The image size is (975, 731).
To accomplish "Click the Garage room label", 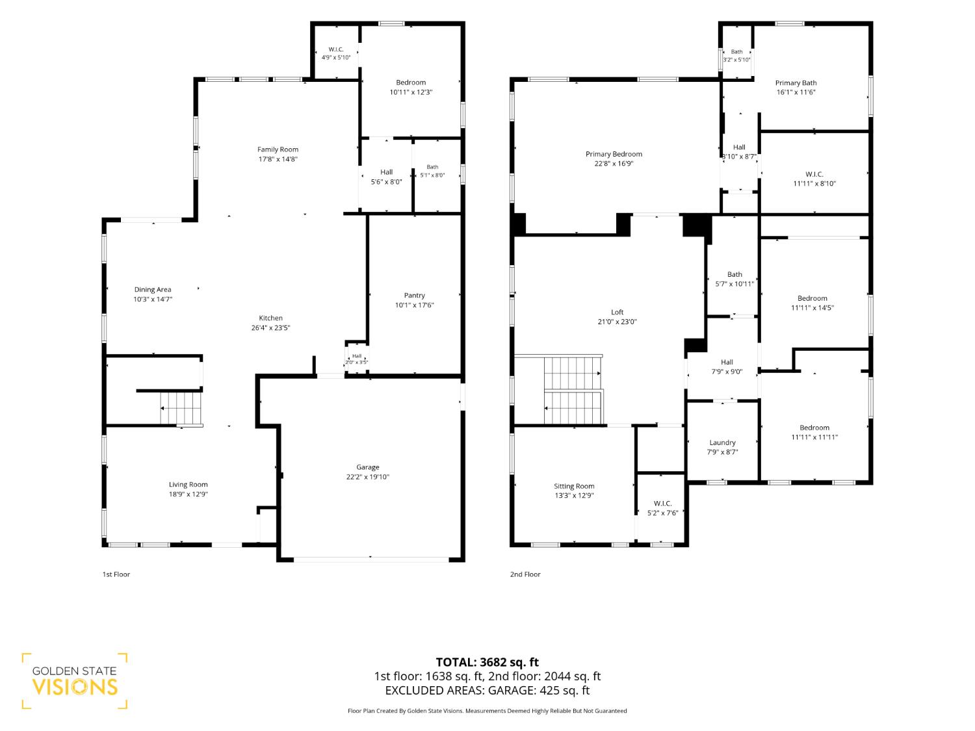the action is [367, 467].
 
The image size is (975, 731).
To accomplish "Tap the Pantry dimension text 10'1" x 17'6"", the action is [414, 305].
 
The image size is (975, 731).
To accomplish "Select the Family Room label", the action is [278, 149].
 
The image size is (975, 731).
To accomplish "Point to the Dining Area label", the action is [152, 290].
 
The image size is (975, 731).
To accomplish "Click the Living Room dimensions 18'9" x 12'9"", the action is [188, 494].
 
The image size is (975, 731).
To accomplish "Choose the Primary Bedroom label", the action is [614, 154].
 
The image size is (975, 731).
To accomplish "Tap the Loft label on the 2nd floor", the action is [617, 312].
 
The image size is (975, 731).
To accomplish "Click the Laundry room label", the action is [722, 442].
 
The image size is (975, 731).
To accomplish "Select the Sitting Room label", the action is [574, 486].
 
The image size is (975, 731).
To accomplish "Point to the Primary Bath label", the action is [796, 83].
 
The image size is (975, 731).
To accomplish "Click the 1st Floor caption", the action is [116, 574].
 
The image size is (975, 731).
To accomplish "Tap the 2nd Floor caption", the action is [525, 574].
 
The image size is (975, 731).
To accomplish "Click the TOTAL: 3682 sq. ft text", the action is [487, 662].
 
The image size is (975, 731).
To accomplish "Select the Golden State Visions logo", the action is [75, 681].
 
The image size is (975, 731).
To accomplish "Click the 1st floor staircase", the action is [181, 409].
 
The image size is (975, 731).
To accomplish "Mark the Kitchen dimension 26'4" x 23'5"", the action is [270, 328].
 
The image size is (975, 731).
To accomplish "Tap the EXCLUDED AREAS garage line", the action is [487, 690].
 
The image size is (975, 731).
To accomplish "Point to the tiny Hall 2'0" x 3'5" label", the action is [357, 359].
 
